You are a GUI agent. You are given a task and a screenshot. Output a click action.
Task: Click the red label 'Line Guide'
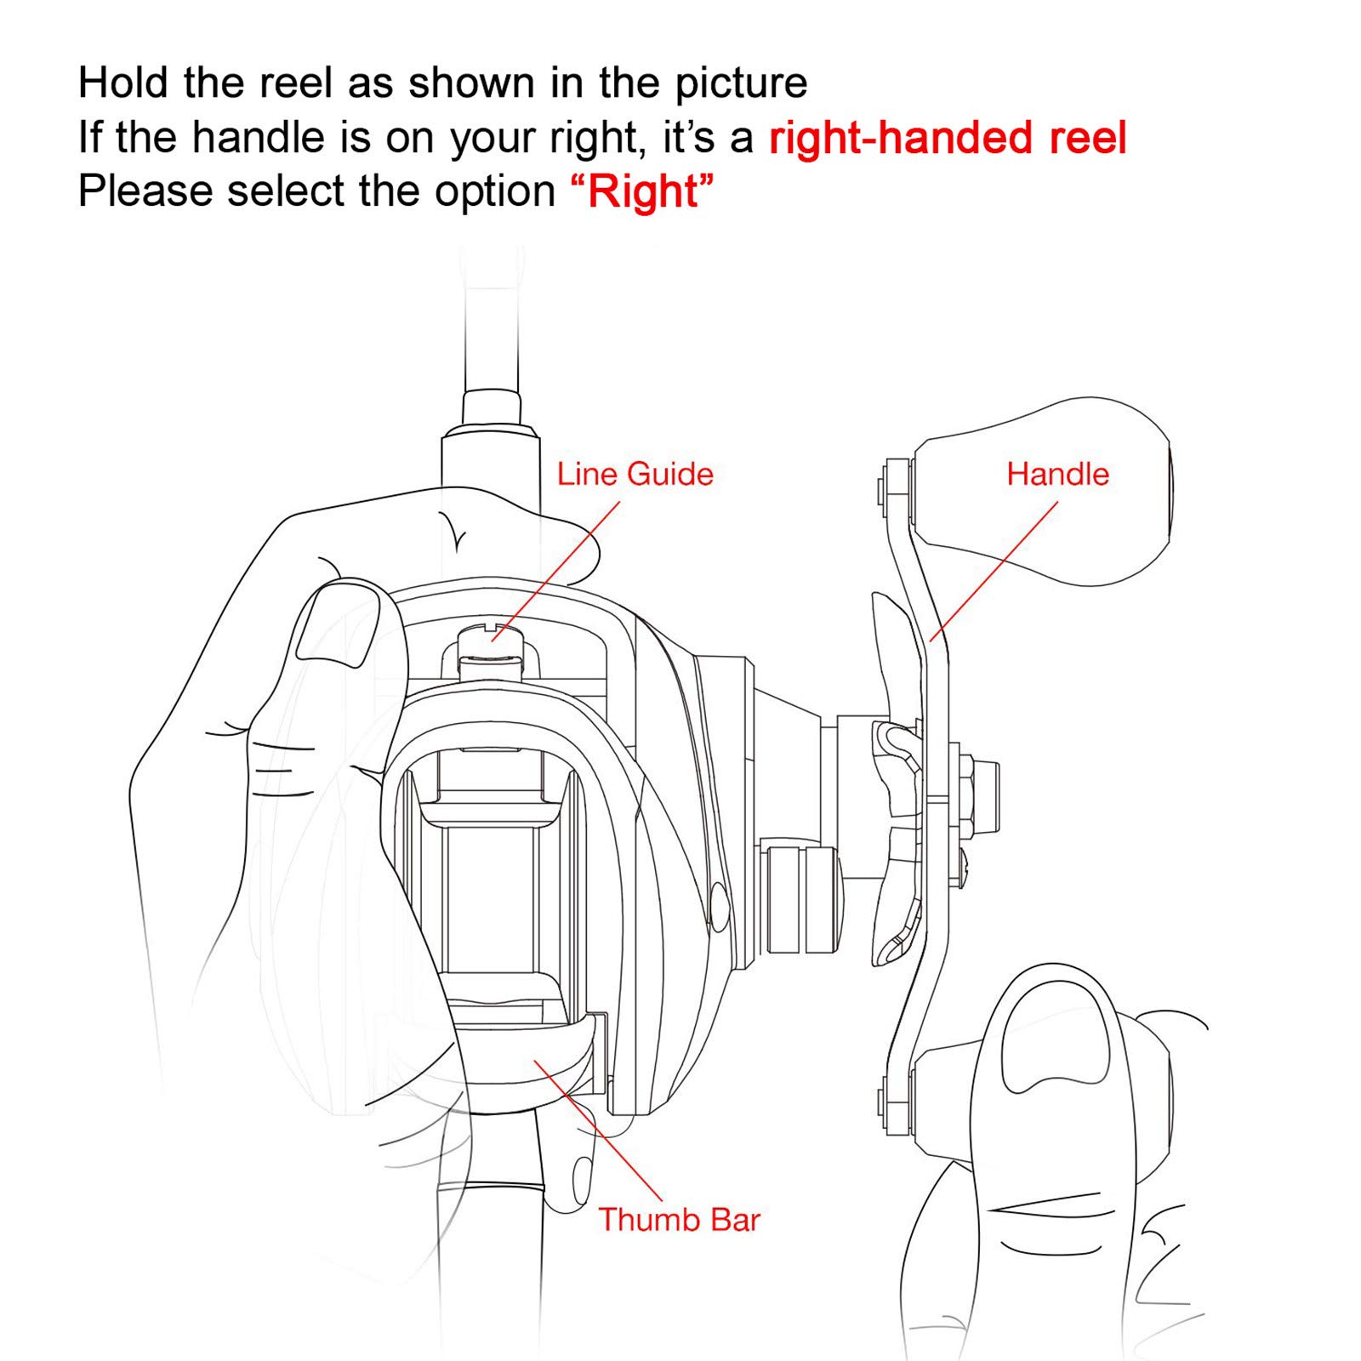tap(635, 474)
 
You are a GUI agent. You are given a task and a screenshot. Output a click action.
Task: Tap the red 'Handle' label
tap(1057, 474)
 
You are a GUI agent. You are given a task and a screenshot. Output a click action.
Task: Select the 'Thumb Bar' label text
tap(679, 1219)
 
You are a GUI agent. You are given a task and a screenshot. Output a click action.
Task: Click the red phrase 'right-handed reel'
tap(948, 138)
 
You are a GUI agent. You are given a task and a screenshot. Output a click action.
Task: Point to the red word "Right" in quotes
tap(642, 191)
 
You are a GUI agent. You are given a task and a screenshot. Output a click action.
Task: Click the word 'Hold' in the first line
tap(124, 83)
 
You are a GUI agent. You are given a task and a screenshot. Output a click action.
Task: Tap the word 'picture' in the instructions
tap(741, 84)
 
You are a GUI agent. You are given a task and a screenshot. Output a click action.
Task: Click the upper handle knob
tap(1042, 492)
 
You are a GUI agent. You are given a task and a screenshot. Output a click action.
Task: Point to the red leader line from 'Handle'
tap(994, 571)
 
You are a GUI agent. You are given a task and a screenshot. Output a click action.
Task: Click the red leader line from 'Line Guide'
tap(556, 571)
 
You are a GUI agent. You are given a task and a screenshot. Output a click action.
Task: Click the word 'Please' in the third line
tap(145, 191)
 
